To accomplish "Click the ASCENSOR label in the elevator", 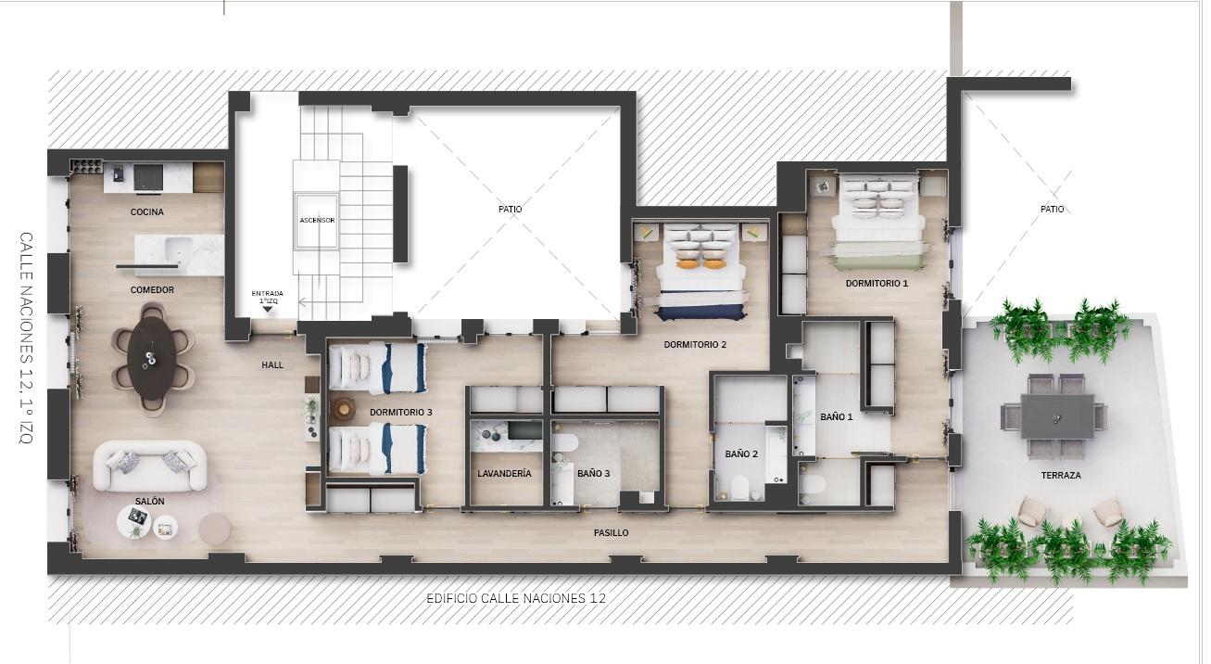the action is [318, 220].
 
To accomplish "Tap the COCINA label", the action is [147, 212].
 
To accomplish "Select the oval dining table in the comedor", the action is [152, 358].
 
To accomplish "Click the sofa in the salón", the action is [149, 466].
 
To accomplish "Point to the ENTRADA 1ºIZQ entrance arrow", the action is [268, 309].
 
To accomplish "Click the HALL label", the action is [272, 365].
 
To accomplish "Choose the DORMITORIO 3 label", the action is [401, 413].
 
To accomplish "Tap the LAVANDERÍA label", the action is [504, 474].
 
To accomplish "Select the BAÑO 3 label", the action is [594, 474].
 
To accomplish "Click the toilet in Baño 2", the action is [739, 488].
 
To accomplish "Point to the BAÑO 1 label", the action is [837, 416].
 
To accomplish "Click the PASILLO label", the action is [612, 533].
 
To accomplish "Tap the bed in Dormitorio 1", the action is [877, 223].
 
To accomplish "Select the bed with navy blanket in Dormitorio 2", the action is [700, 273].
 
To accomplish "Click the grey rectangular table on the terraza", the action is [1057, 416].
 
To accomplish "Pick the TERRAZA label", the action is [1061, 476].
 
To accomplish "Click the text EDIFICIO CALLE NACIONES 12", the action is [516, 598].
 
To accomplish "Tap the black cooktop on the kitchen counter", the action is [148, 177].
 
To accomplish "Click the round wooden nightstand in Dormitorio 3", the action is [343, 409].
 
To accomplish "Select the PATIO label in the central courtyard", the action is [511, 209].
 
